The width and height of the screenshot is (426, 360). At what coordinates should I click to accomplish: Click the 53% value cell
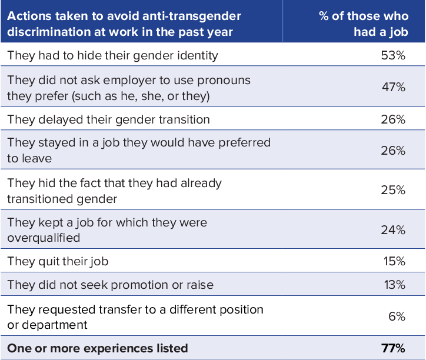pos(393,56)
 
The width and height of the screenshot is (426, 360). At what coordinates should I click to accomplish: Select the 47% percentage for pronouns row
pos(393,88)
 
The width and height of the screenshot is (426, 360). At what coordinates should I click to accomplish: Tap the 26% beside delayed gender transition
pos(393,119)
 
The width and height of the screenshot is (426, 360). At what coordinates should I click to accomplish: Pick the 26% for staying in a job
pos(393,151)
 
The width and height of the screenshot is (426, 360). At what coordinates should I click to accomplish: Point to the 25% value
pos(393,191)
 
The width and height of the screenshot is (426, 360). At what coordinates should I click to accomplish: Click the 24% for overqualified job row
pos(393,230)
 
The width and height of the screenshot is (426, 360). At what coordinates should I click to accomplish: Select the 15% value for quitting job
pos(393,261)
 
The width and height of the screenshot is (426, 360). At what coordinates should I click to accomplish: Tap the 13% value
pos(393,285)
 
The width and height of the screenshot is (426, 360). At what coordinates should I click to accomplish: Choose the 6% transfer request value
pos(397,316)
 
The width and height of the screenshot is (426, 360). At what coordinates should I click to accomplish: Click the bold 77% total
pos(392,348)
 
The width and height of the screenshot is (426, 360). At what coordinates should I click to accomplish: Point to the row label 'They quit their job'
pos(58,261)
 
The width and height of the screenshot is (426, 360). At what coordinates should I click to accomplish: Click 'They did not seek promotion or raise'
pos(110,285)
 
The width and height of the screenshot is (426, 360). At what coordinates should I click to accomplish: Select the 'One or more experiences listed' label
pos(97,348)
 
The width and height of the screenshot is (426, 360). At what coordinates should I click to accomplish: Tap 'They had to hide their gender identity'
pos(112,56)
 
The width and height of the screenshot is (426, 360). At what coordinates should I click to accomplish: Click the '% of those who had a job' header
pos(363,24)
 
